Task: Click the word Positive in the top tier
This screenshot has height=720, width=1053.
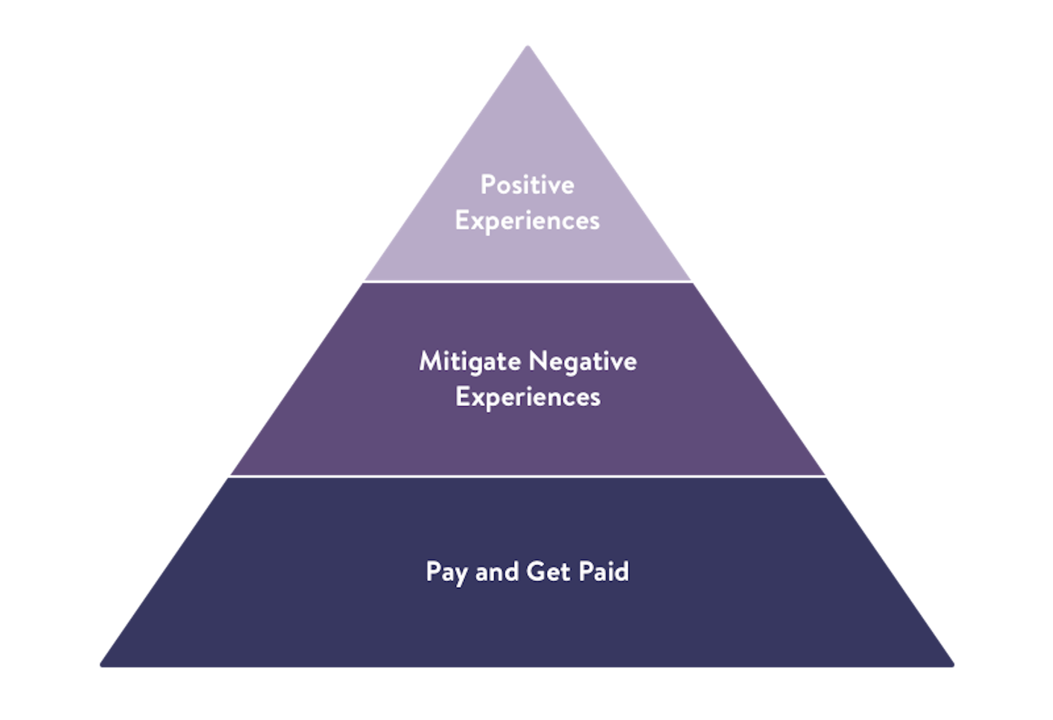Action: tap(527, 185)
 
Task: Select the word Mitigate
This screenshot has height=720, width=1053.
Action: tap(470, 362)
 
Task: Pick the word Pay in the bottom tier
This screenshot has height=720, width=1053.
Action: tap(447, 572)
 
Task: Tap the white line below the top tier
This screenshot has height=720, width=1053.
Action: tap(528, 282)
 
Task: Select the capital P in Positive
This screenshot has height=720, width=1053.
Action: tap(488, 185)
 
